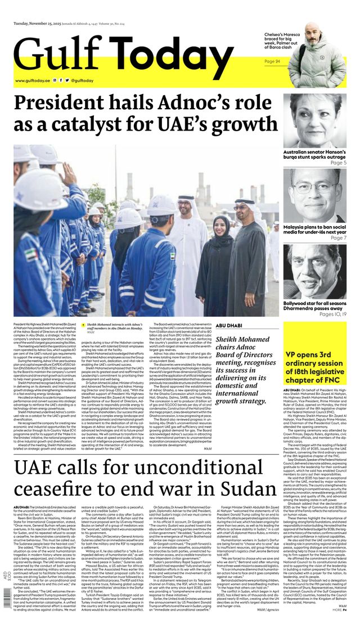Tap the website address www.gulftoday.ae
point(33,80)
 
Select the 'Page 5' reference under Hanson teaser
point(338,163)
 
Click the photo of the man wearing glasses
point(314,197)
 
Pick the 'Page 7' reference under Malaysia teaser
point(338,238)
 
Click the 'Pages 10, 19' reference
point(333,313)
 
